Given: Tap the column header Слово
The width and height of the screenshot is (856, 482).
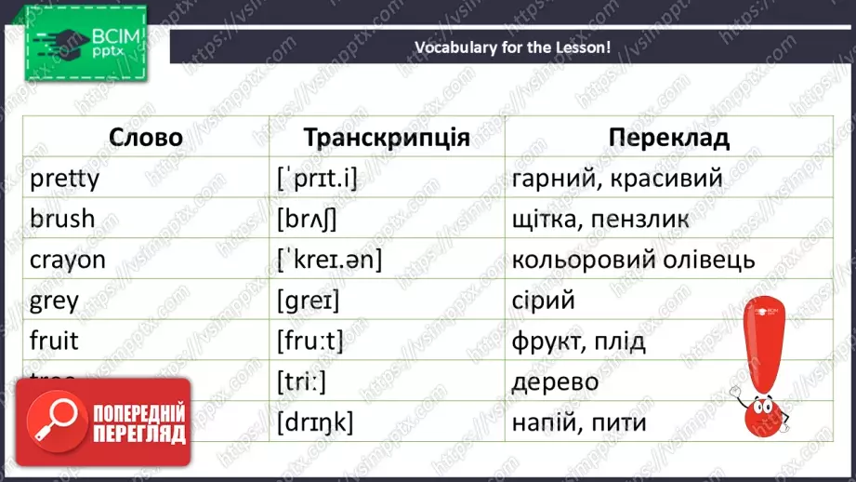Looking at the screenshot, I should coord(146,139).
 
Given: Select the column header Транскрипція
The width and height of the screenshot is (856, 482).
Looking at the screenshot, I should coord(387,139).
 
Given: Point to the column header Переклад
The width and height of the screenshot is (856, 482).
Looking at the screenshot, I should coord(669,139).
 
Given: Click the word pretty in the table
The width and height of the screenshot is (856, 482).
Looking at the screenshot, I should coord(64,178).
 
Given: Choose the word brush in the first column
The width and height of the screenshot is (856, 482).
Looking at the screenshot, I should coord(62,219).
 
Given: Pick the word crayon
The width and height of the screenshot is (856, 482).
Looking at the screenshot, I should coord(68,261).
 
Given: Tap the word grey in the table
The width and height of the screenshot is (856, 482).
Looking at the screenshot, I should coord(54,301).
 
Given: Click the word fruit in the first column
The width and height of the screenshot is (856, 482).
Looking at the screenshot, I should coord(54,341).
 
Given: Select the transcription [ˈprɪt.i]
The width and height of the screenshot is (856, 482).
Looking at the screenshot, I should coord(317,178).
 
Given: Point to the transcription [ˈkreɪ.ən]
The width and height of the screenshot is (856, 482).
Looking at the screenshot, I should coord(329,261).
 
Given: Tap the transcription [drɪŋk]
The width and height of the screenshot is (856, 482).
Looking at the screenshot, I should coord(315,423).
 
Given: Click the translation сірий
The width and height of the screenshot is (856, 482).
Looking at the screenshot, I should coord(544,301).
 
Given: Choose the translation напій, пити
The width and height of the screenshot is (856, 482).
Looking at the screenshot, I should coord(578,423).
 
